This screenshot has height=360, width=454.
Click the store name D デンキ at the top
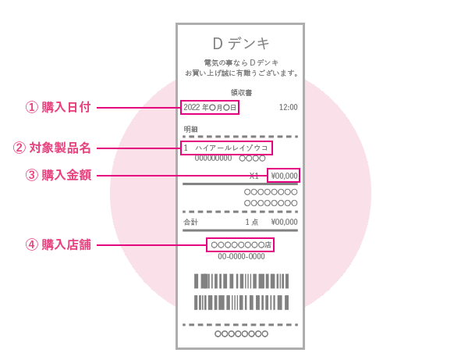tap(241, 44)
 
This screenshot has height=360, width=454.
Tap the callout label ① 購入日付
tap(59, 107)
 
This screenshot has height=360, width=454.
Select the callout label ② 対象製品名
tap(51, 148)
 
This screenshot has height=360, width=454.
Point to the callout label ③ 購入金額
tap(59, 175)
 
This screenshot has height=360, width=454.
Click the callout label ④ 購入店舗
tap(59, 244)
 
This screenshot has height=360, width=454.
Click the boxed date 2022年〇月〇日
tap(210, 108)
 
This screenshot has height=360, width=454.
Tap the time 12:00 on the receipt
tap(288, 107)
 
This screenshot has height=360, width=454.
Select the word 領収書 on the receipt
tap(241, 92)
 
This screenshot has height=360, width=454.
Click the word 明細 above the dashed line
tap(190, 129)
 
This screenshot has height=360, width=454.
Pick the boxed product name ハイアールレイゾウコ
tap(226, 148)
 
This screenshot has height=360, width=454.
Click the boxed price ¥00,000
tap(283, 176)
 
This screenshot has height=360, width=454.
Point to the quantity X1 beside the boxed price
tap(254, 176)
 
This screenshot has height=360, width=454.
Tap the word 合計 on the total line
tap(190, 222)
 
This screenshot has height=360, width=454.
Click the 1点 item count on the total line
tap(252, 222)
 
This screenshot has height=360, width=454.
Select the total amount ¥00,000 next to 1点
tap(284, 222)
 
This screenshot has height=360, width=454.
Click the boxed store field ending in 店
tap(240, 245)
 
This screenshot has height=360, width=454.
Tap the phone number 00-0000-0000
tap(241, 256)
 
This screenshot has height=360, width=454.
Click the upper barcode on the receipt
tap(241, 281)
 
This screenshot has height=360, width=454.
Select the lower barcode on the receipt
tap(241, 303)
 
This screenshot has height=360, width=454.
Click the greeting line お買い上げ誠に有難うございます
tap(242, 73)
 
